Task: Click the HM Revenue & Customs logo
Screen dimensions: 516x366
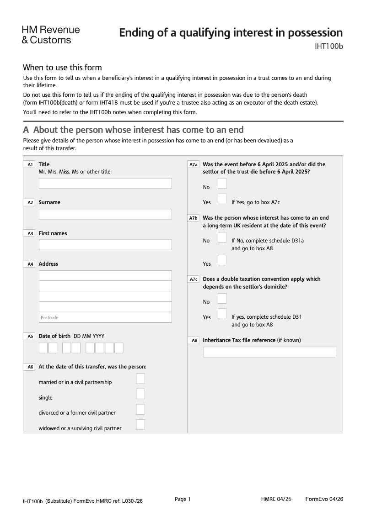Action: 50,35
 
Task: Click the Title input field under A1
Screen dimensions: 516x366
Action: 105,184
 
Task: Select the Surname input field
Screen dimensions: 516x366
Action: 105,214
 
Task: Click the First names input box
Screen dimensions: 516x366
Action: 105,245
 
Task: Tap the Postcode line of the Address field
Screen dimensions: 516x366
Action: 105,317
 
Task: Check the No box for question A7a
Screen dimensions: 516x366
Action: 222,184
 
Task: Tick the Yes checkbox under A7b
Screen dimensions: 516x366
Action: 222,260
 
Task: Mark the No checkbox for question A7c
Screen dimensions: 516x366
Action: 222,298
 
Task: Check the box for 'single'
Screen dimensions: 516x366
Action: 140,394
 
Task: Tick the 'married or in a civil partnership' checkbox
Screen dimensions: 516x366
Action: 140,379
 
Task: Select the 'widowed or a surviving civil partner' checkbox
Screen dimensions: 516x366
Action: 140,424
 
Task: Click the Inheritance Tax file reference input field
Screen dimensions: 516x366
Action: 269,352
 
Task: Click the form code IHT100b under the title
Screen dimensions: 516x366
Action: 328,46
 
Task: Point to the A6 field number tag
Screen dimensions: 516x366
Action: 30,367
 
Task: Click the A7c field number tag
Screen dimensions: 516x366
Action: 194,279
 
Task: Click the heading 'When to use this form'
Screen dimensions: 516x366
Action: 62,68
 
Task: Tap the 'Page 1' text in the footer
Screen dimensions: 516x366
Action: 183,499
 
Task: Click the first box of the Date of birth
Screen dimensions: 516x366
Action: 43,348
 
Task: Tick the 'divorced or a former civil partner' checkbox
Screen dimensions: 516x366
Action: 140,409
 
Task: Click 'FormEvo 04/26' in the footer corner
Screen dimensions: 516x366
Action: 324,499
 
